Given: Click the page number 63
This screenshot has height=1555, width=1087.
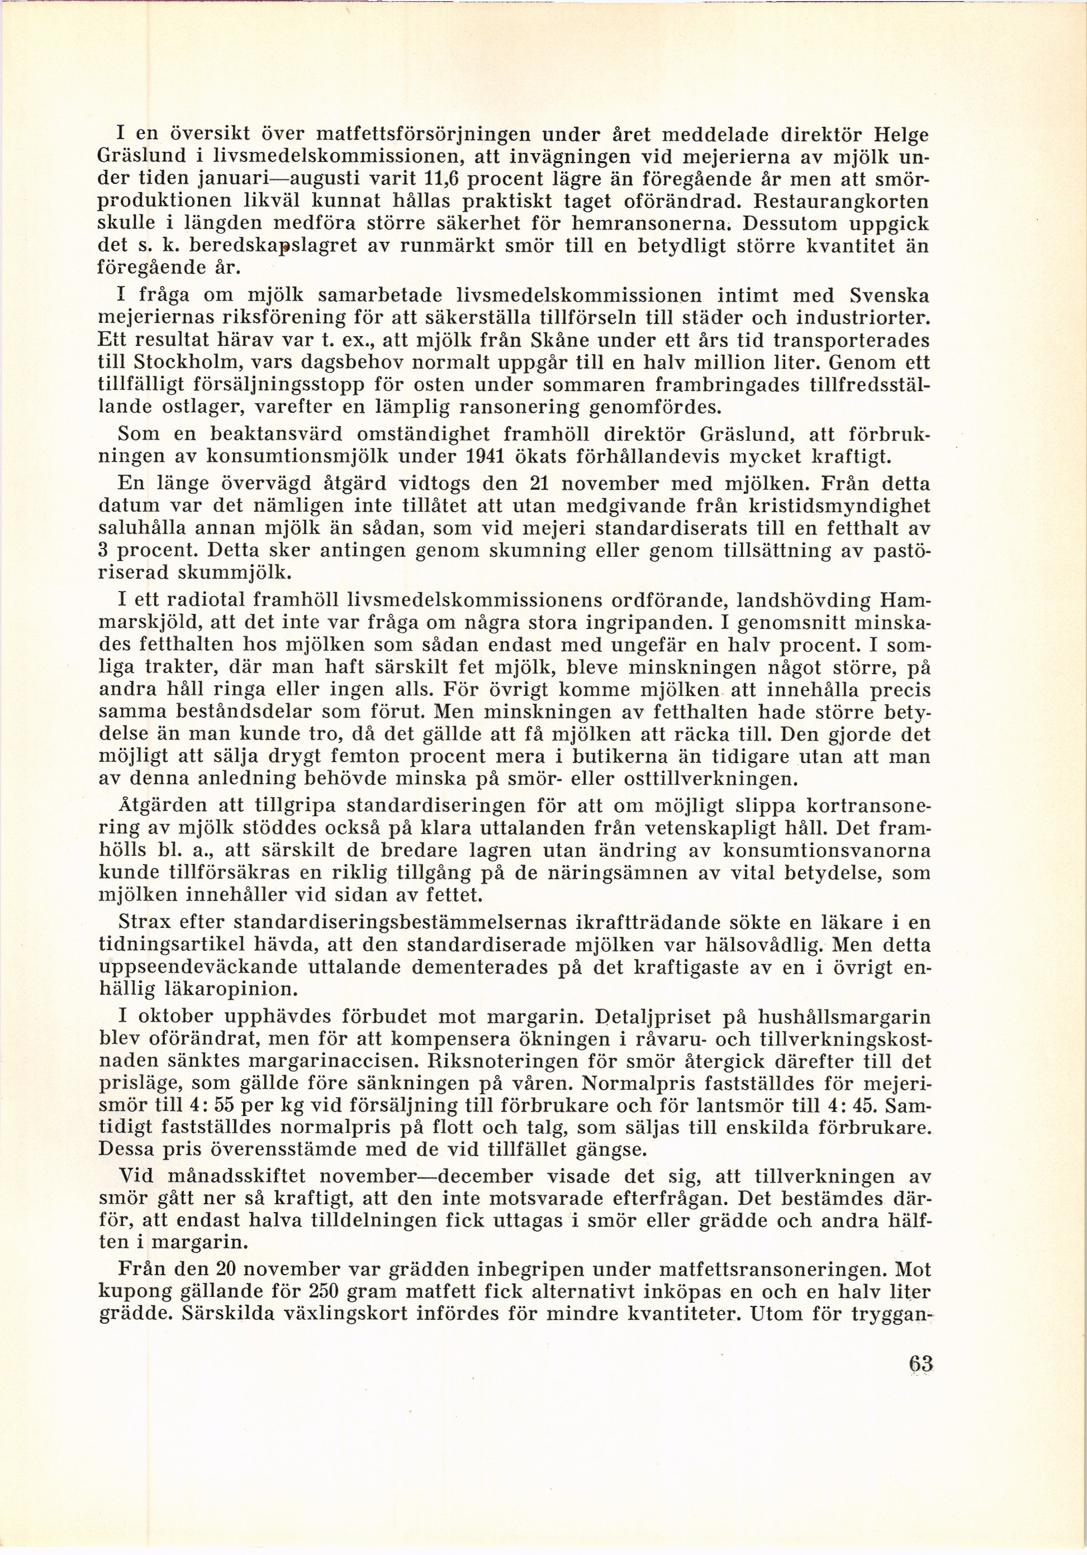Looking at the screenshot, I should [922, 1362].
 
